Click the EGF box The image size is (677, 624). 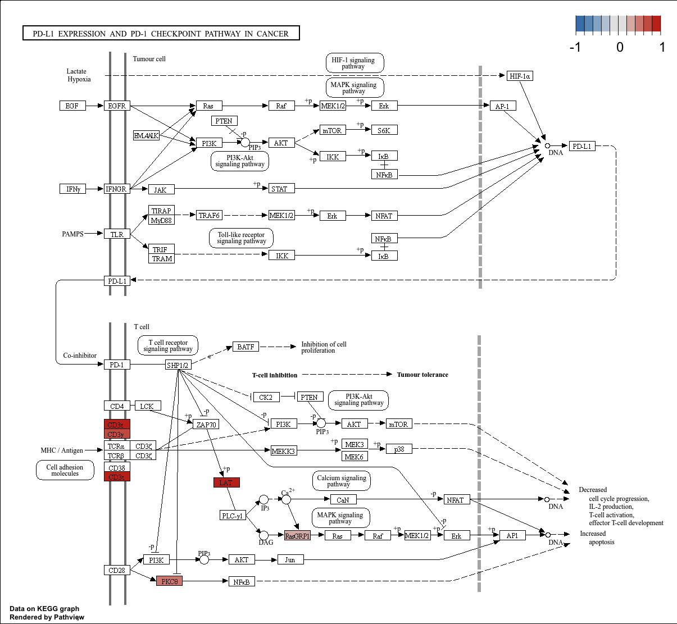coord(72,106)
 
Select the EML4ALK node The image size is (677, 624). coord(147,135)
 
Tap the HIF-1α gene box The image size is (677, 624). coord(520,76)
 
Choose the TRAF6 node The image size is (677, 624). coord(209,215)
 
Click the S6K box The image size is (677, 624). coord(384,130)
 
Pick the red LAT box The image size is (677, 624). coord(226,482)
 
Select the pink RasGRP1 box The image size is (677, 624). coord(297,536)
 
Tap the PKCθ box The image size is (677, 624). coord(169,581)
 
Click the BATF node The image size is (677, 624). coord(246,347)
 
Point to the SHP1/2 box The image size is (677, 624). coord(178,365)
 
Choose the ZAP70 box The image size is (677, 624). coord(206,425)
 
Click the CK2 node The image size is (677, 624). coord(265,397)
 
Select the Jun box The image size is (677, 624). coord(290,559)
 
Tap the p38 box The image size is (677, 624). coord(399,449)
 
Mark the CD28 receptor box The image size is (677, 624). coord(117,570)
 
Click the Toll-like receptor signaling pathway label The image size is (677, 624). coord(242,238)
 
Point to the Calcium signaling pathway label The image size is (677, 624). coord(341,481)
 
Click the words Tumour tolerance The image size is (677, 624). coord(422,375)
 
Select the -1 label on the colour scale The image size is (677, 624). coord(575,47)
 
